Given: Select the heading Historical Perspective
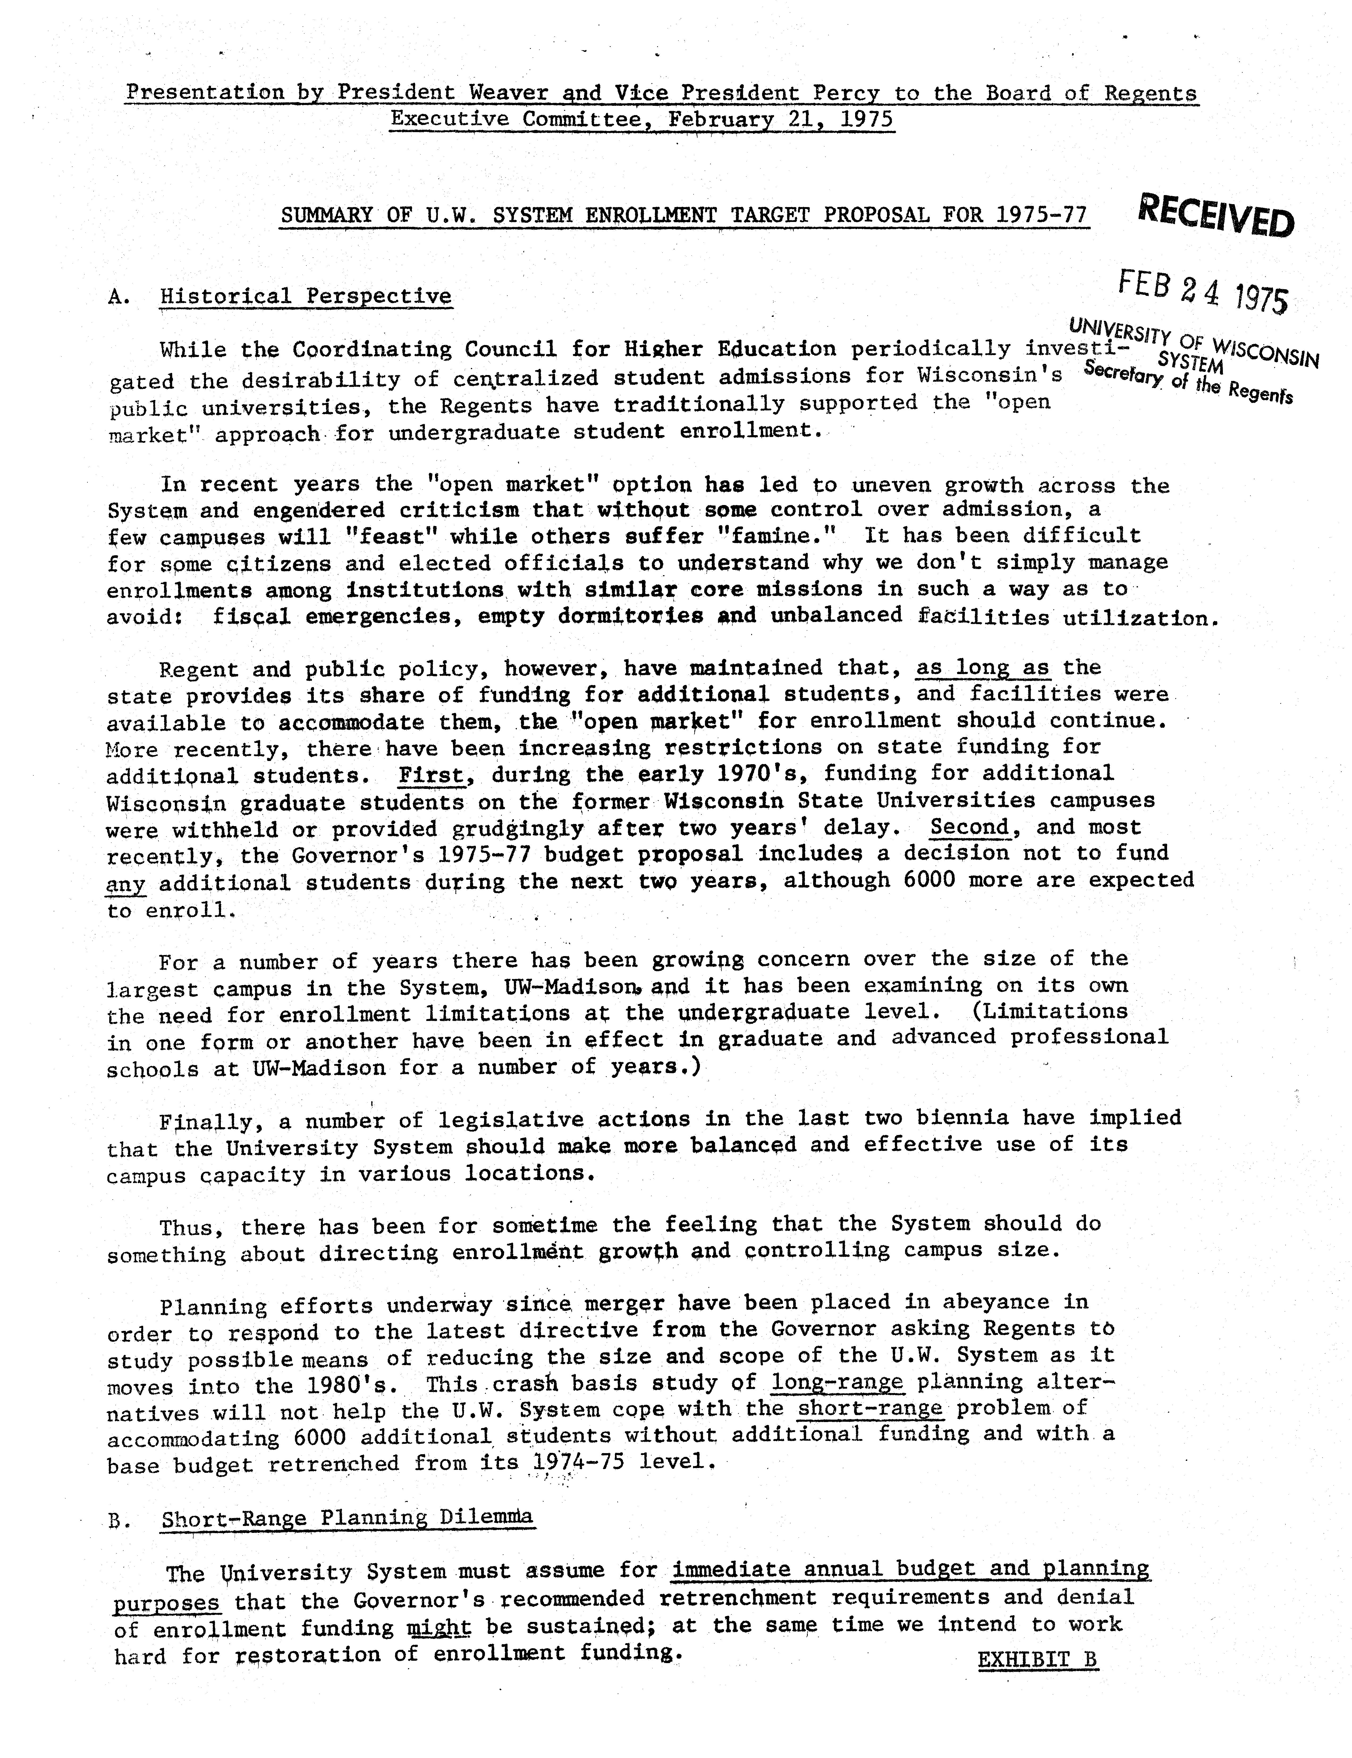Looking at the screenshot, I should click(x=306, y=296).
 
